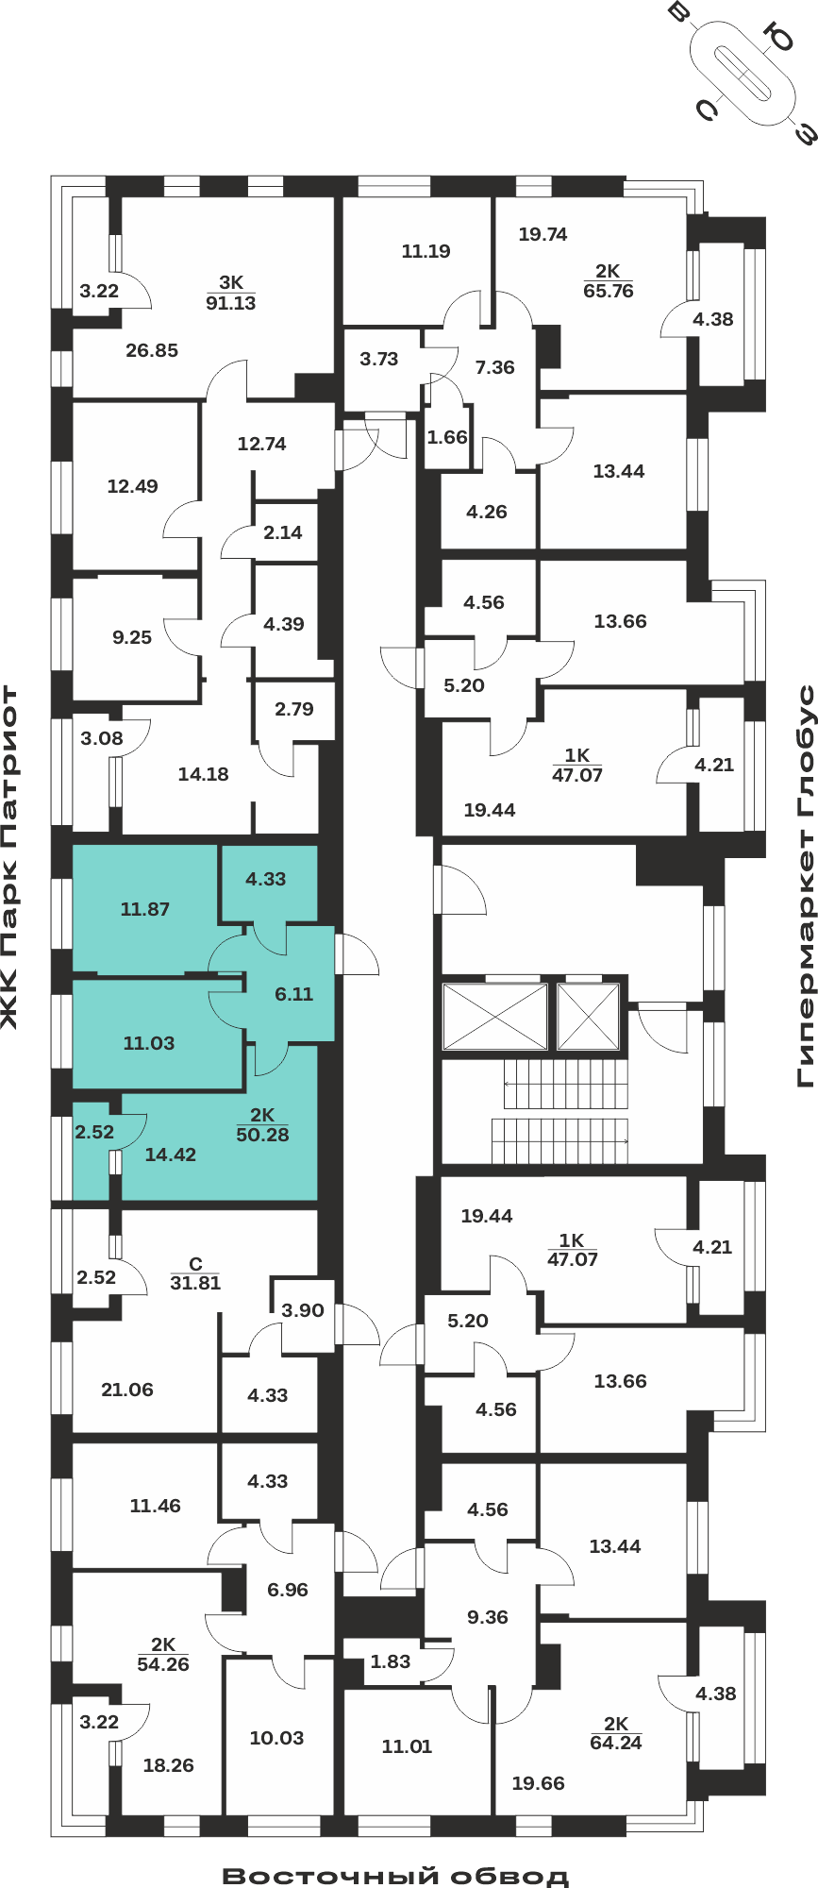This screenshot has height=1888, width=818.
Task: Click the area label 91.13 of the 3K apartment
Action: (231, 303)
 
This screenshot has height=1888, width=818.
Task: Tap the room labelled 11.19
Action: (426, 251)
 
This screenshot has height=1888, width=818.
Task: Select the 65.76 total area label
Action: (609, 291)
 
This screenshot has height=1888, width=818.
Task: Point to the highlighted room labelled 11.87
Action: (145, 909)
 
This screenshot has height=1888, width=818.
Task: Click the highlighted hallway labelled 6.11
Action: (293, 994)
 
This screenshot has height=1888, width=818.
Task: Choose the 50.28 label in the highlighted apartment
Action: (262, 1135)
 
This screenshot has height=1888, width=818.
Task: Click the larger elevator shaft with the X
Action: (494, 1017)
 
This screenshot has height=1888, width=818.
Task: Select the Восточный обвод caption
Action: (396, 1876)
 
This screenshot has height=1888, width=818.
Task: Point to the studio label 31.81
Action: (195, 1283)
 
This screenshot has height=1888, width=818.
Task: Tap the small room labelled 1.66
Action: (447, 437)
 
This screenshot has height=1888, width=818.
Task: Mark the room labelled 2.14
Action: (283, 532)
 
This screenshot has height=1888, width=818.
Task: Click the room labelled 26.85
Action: (152, 350)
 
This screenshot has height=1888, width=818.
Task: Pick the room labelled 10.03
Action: (276, 1738)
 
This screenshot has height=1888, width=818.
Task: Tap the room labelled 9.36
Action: (488, 1617)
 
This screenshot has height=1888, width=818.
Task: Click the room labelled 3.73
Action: (379, 359)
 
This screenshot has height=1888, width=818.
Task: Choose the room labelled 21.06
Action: (127, 1390)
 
